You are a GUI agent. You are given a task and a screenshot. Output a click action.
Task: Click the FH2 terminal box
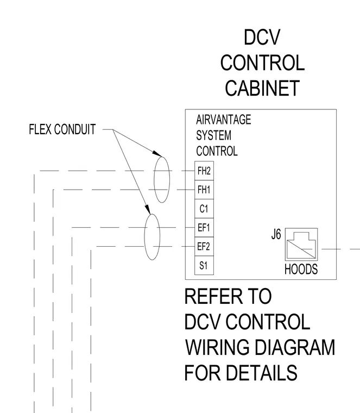point(204,171)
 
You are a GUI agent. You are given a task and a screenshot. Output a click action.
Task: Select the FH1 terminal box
point(204,190)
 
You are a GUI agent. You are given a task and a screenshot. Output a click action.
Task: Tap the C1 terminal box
point(204,209)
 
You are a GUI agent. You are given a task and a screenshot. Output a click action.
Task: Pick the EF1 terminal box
point(204,228)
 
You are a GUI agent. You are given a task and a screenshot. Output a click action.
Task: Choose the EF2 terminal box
point(204,247)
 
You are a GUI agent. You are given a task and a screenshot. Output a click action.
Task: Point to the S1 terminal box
point(204,266)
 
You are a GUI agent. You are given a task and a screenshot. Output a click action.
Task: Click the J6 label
point(276,234)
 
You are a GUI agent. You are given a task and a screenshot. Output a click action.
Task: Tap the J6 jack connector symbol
point(301,244)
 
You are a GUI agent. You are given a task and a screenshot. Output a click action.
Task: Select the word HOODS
point(301,269)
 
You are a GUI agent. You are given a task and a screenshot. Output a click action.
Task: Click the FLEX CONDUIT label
point(62,129)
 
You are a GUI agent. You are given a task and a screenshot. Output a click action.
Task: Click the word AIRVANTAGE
point(223,120)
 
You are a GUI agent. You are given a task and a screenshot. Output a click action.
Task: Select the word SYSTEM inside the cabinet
point(214,135)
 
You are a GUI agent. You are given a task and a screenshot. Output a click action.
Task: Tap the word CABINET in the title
point(262,88)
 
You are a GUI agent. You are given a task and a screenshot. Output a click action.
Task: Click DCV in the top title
point(262,37)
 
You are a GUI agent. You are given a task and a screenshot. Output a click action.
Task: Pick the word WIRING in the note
point(217,347)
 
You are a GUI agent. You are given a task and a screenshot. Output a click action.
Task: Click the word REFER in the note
point(213,296)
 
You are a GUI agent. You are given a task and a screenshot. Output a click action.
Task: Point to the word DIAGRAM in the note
point(295,347)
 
